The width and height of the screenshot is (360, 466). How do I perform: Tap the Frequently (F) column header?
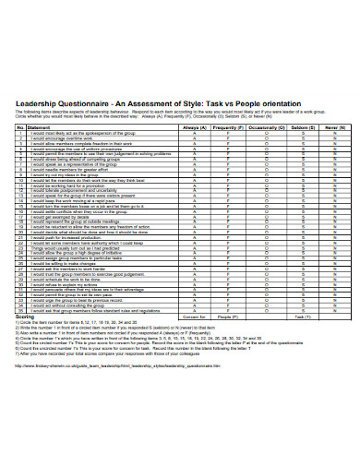(x=230, y=126)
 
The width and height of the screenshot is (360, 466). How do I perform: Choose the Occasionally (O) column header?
(x=267, y=126)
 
